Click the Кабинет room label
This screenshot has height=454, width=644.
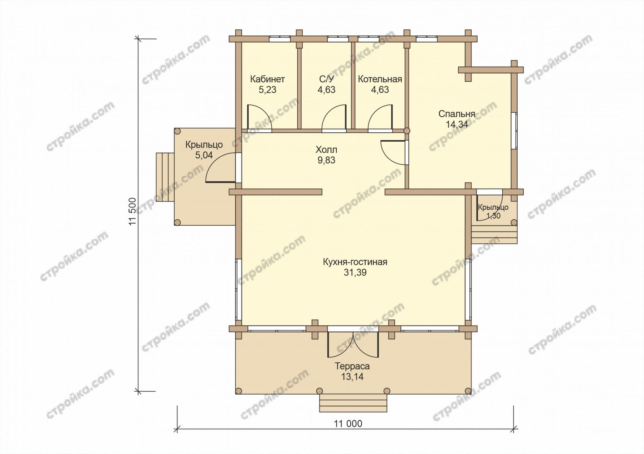pos(267,79)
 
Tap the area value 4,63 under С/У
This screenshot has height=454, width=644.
pos(326,90)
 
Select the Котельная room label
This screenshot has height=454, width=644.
pos(380,79)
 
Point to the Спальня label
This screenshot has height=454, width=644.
pos(457,114)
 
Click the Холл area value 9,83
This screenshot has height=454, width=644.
pos(326,160)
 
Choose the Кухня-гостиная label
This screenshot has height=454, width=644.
pos(355,262)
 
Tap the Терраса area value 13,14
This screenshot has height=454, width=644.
pos(352,377)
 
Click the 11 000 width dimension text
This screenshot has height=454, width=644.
pos(348,424)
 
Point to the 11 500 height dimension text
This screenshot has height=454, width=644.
pos(133,211)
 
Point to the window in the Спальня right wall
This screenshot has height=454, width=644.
pos(514,131)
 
